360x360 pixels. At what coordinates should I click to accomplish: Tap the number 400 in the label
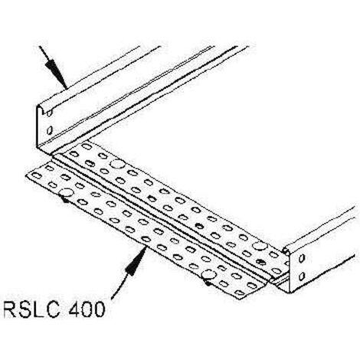[87, 309]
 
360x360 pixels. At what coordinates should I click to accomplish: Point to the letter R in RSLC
[10, 309]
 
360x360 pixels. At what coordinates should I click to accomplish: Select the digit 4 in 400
[74, 309]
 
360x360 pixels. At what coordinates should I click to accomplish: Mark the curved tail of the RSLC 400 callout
[120, 286]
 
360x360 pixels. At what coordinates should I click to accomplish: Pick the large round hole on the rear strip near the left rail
[117, 164]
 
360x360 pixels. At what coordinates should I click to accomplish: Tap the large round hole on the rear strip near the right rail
[260, 246]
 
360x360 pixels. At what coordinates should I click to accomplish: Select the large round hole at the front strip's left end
[65, 192]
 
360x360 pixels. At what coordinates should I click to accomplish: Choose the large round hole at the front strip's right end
[209, 275]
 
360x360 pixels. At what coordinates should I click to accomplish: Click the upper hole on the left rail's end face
[50, 113]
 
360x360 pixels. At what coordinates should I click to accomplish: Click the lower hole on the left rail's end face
[50, 130]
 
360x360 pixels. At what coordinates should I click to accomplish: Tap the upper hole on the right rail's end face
[302, 258]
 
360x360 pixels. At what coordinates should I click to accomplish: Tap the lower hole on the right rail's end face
[302, 276]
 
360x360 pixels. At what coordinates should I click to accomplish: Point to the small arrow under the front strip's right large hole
[208, 282]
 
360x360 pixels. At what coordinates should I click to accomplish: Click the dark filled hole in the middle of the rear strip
[200, 225]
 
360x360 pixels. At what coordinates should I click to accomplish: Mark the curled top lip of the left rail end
[44, 107]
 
